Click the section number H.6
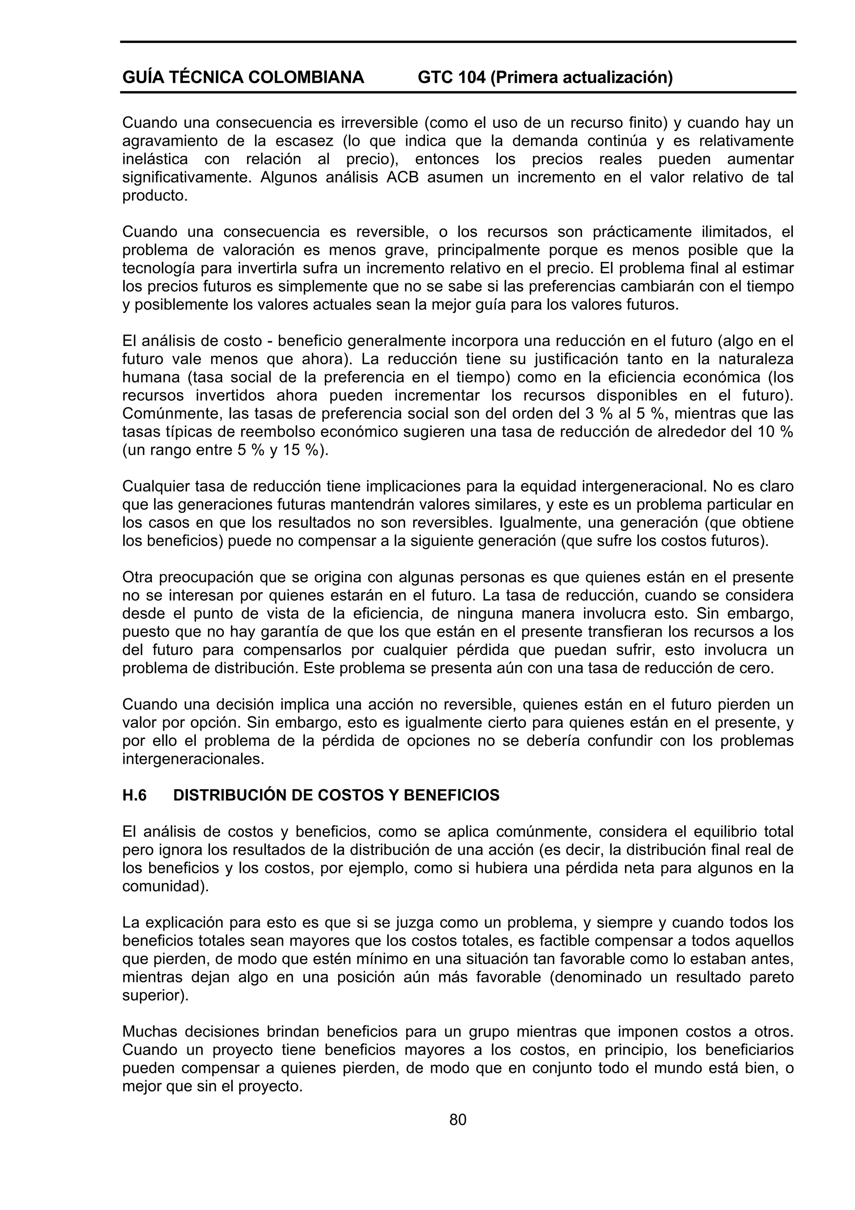pos(134,795)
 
